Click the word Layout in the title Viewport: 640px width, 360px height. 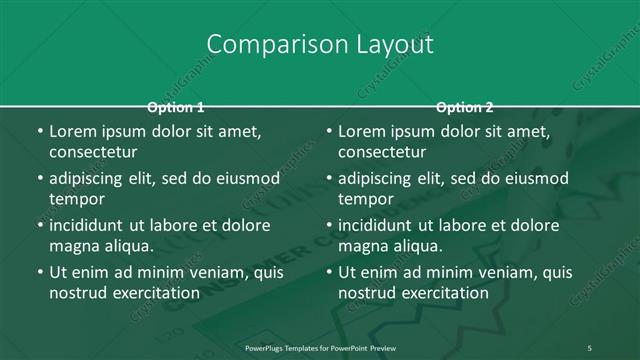pos(394,45)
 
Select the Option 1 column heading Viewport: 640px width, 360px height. pos(176,107)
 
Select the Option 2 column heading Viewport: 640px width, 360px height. pos(465,107)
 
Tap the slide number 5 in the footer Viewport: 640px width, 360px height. pos(590,347)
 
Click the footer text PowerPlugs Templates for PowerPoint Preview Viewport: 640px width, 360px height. pos(320,347)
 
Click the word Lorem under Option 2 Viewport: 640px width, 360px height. pos(361,131)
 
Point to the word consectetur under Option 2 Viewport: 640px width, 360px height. pos(382,152)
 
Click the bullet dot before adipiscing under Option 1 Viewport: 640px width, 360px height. pos(39,178)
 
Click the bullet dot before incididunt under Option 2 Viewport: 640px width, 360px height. pos(328,225)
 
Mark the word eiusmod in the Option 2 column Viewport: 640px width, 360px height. pos(536,178)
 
